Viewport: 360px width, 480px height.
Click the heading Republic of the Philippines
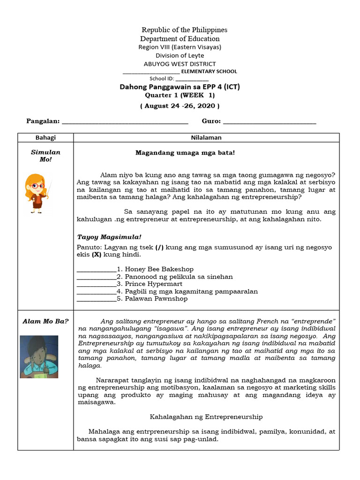point(184,30)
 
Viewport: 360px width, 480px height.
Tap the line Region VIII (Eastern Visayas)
point(180,47)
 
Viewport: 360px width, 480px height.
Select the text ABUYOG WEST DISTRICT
point(180,64)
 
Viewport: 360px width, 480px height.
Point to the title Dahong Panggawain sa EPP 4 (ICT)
point(180,87)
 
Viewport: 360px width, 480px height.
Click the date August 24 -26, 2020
point(180,106)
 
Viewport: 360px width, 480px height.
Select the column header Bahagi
point(45,138)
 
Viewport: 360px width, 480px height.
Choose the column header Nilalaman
point(206,138)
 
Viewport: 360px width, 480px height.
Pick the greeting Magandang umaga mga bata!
point(185,153)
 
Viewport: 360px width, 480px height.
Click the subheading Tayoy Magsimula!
point(109,237)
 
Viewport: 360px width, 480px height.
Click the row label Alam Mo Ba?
point(45,321)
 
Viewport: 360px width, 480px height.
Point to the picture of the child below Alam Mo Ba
point(39,357)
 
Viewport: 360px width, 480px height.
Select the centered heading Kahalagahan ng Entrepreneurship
point(206,416)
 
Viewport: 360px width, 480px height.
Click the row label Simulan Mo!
point(45,156)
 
